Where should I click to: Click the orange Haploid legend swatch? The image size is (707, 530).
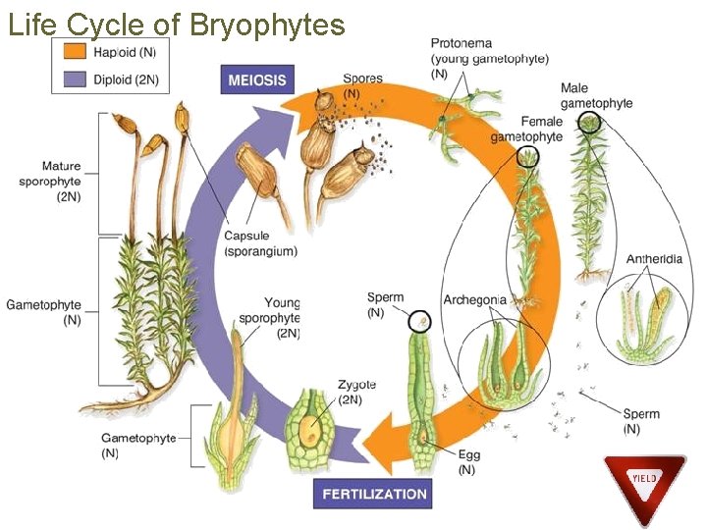tap(74, 51)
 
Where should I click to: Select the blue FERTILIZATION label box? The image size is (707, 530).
tap(372, 494)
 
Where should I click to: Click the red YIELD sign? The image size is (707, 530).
tap(644, 481)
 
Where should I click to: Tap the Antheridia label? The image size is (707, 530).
tap(654, 259)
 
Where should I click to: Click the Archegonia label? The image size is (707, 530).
tap(474, 299)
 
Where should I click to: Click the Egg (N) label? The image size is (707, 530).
tap(466, 462)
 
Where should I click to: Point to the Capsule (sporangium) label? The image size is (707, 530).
tap(260, 243)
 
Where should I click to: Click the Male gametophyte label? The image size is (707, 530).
tap(596, 96)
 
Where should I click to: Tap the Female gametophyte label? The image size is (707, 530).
tap(526, 130)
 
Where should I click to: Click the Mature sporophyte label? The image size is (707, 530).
tap(61, 181)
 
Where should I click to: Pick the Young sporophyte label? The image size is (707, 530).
tap(282, 318)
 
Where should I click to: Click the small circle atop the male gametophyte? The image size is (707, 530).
tap(589, 123)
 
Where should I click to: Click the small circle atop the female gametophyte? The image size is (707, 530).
tap(528, 156)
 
